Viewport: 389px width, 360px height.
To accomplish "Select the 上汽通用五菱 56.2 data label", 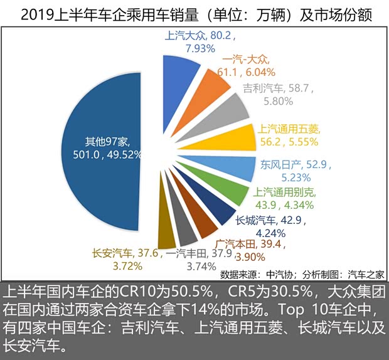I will coord(288,135).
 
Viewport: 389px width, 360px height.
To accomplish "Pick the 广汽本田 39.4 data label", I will coord(241,249).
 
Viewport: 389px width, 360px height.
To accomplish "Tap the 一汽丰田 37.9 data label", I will coord(191,259).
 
